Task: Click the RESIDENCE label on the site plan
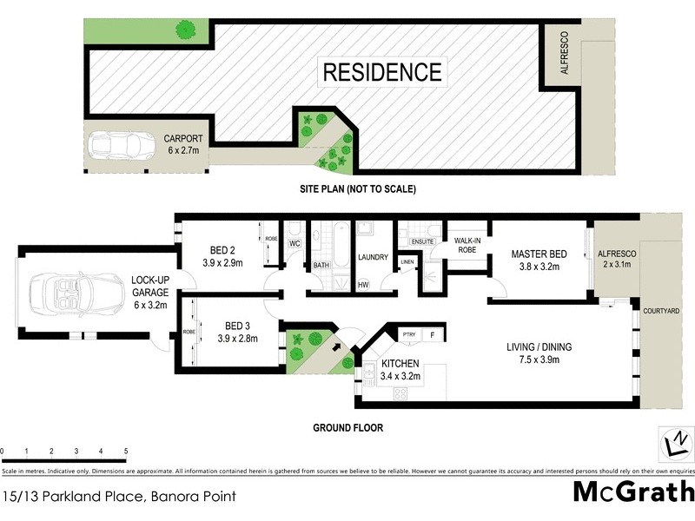click(382, 71)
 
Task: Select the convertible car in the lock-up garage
click(66, 292)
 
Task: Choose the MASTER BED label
click(539, 254)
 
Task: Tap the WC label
click(294, 243)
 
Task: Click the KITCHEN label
click(400, 363)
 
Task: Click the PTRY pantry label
click(408, 333)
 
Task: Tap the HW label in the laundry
click(362, 284)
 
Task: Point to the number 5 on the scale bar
click(126, 452)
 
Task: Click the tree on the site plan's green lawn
click(183, 30)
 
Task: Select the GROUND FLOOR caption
click(347, 428)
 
